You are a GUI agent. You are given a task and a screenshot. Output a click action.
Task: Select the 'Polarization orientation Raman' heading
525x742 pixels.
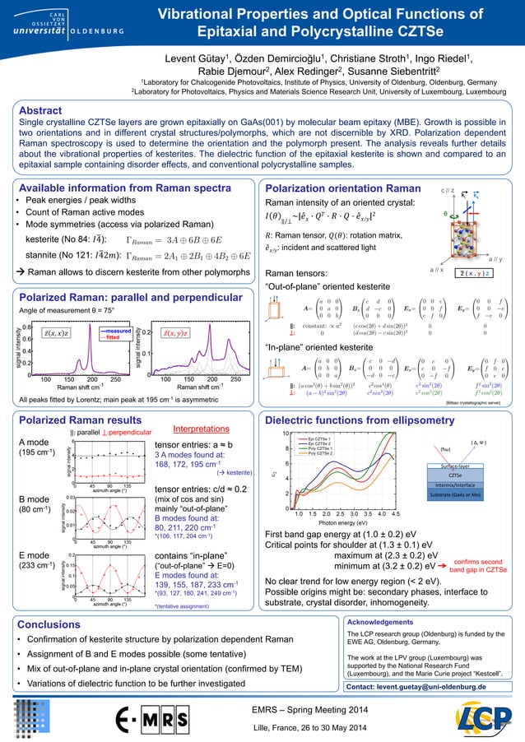click(339, 189)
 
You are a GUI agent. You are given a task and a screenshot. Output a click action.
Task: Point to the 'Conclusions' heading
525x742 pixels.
click(49, 624)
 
